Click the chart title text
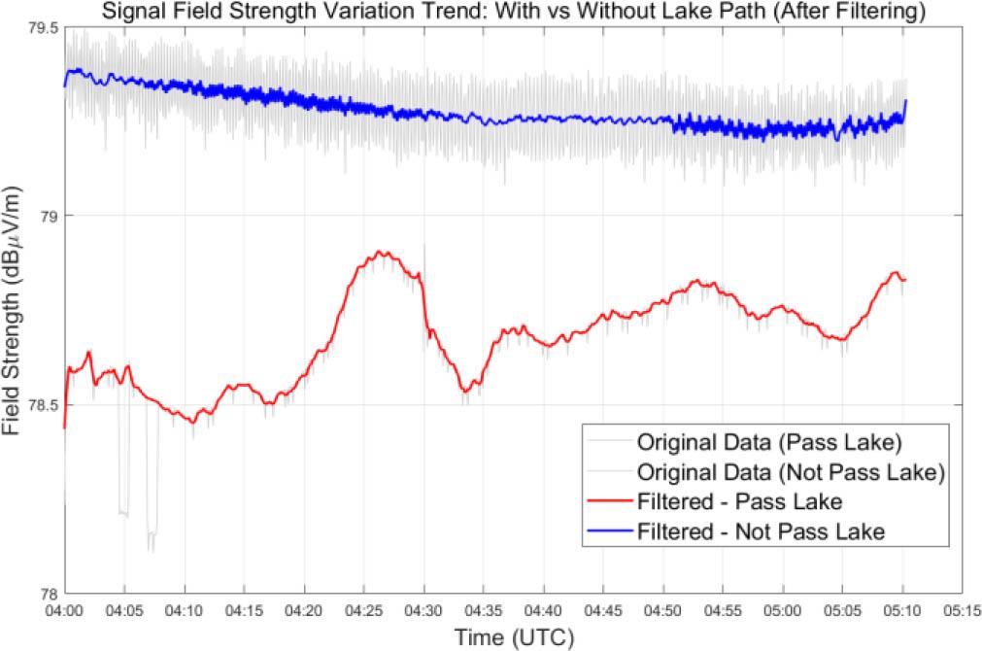(516, 12)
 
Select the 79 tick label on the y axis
(48, 216)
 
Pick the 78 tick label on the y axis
(48, 594)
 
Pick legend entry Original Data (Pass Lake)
(769, 442)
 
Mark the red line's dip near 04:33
(465, 392)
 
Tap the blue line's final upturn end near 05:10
(905, 101)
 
